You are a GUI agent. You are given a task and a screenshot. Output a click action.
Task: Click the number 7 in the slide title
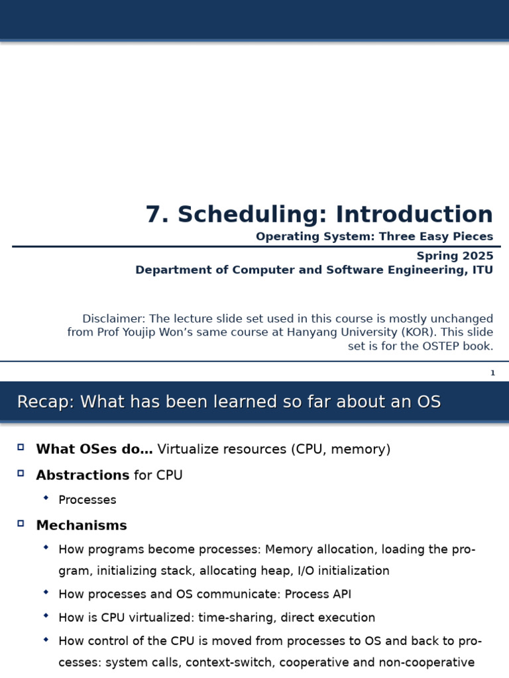(153, 215)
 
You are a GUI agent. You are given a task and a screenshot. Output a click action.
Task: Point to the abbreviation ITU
(482, 270)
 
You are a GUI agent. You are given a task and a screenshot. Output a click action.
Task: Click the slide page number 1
(492, 373)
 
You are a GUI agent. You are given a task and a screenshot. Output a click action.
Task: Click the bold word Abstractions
(83, 475)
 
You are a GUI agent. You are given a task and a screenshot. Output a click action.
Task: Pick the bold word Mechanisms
(82, 526)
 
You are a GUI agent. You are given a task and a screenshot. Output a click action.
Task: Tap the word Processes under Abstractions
(87, 500)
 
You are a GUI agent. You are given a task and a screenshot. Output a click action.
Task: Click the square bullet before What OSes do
(21, 448)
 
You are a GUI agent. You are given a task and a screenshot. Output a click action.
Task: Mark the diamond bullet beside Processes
(46, 498)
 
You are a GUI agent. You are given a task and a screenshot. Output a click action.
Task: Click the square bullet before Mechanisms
(21, 524)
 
